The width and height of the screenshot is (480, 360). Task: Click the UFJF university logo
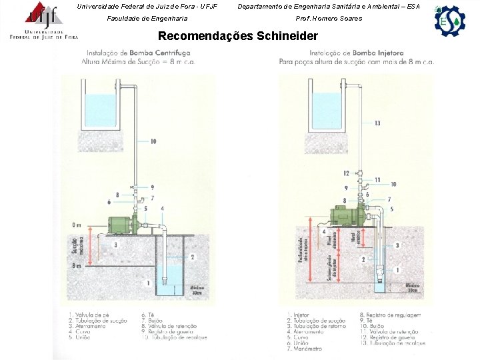pyautogui.click(x=45, y=20)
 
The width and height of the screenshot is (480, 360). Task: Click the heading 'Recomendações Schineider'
pyautogui.click(x=238, y=36)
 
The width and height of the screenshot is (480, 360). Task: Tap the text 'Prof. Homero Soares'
pyautogui.click(x=329, y=18)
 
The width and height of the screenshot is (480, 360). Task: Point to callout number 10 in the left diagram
pyautogui.click(x=153, y=141)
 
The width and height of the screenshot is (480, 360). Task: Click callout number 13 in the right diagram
pyautogui.click(x=377, y=123)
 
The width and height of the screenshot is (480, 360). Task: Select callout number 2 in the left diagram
pyautogui.click(x=192, y=257)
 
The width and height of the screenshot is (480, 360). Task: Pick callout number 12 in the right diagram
pyautogui.click(x=347, y=173)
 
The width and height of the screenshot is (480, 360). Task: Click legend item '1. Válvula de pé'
pyautogui.click(x=89, y=314)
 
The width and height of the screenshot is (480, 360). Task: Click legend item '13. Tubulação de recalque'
pyautogui.click(x=392, y=343)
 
